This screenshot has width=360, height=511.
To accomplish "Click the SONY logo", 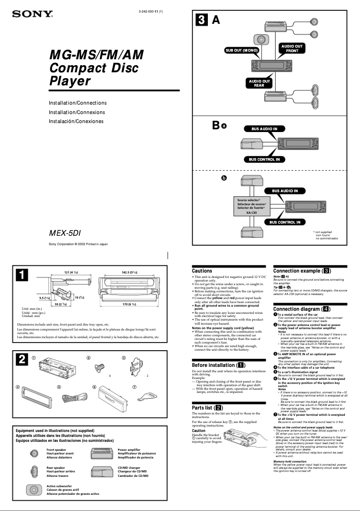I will (x=32, y=14).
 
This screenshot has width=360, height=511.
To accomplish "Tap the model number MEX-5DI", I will (x=65, y=233).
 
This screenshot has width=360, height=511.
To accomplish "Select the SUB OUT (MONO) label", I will (x=241, y=50).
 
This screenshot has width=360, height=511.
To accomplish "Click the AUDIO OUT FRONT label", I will (x=292, y=48).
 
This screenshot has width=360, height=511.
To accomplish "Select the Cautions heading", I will (x=202, y=271).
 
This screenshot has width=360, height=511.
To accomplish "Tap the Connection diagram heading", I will (x=302, y=309).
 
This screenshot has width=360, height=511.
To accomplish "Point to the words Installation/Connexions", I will (x=77, y=112).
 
